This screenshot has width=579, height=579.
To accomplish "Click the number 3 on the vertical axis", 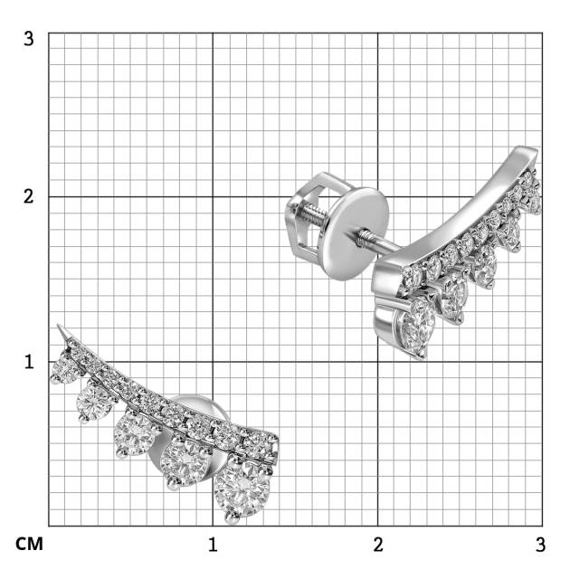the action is pyautogui.click(x=29, y=38).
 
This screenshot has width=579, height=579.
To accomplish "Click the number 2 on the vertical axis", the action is pyautogui.click(x=29, y=196).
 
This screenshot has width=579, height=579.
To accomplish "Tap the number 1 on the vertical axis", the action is pyautogui.click(x=29, y=362).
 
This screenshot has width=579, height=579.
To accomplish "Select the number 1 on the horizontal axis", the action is pyautogui.click(x=213, y=545).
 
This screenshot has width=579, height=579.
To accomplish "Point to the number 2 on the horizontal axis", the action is pyautogui.click(x=378, y=545).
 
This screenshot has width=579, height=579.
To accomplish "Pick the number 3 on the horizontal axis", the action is pyautogui.click(x=540, y=545).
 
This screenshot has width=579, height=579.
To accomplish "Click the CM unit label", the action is pyautogui.click(x=29, y=545).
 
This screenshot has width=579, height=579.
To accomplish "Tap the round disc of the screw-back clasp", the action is pyautogui.click(x=356, y=233).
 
